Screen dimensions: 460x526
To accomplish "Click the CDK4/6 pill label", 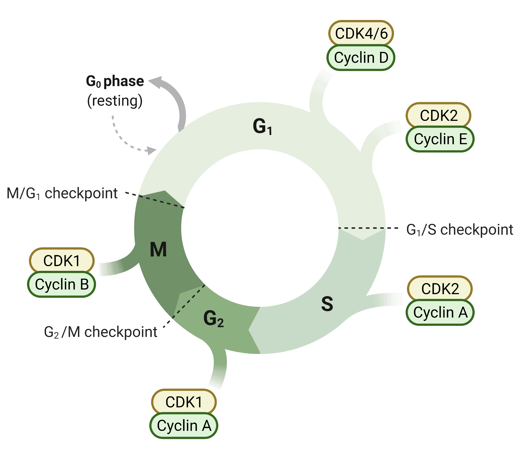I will tap(361, 33).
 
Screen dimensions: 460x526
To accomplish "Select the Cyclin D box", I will tap(361, 58).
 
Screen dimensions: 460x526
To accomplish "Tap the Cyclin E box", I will tap(440, 139).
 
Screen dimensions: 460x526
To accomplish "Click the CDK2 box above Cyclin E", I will tap(439, 115).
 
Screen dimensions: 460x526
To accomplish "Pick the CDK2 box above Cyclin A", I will tap(440, 289).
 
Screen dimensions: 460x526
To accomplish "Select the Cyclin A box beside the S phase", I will tap(440, 312).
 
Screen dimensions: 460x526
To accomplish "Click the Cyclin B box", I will tap(62, 284).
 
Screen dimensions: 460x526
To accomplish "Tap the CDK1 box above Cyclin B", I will tap(62, 261).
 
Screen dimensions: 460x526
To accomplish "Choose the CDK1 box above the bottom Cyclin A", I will tap(184, 402).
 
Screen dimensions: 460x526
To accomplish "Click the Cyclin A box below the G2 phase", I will tap(184, 426).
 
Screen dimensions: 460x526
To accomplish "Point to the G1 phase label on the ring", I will tap(262, 127).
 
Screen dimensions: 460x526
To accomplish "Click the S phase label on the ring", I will tap(327, 304).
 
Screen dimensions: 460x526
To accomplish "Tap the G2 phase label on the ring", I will tap(213, 319).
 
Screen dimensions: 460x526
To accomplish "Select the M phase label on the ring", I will tap(158, 249).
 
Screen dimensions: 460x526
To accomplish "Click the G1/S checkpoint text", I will tap(460, 230).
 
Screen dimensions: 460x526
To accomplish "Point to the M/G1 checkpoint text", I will tap(62, 193).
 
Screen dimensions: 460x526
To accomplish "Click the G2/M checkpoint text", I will tap(101, 332).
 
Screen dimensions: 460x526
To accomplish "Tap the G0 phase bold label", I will tap(115, 81).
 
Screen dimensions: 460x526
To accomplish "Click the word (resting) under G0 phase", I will tap(115, 101).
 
